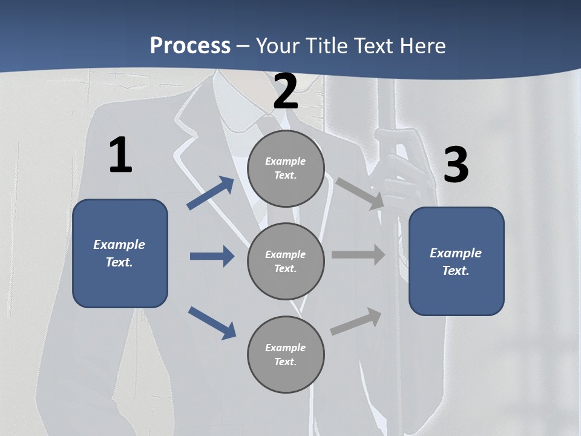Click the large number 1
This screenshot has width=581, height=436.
[120, 156]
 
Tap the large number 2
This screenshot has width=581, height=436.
[286, 92]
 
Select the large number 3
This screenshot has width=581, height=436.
[456, 165]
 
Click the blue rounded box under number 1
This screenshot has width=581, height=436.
[120, 253]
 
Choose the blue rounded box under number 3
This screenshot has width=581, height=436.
[456, 262]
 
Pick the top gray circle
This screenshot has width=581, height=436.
[286, 168]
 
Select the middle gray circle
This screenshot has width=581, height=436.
[286, 261]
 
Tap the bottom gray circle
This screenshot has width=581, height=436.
[286, 354]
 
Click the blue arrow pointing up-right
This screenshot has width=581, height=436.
[211, 193]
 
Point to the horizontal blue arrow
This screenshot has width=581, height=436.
[212, 256]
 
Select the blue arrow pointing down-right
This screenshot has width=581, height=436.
[212, 322]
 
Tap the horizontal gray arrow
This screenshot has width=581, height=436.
[358, 255]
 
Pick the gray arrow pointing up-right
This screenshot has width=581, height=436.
[356, 322]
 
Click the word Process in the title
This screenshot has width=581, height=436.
[190, 45]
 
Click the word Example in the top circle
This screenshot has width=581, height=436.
[286, 161]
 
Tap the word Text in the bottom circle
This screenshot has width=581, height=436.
[284, 362]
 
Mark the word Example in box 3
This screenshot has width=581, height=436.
[456, 253]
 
